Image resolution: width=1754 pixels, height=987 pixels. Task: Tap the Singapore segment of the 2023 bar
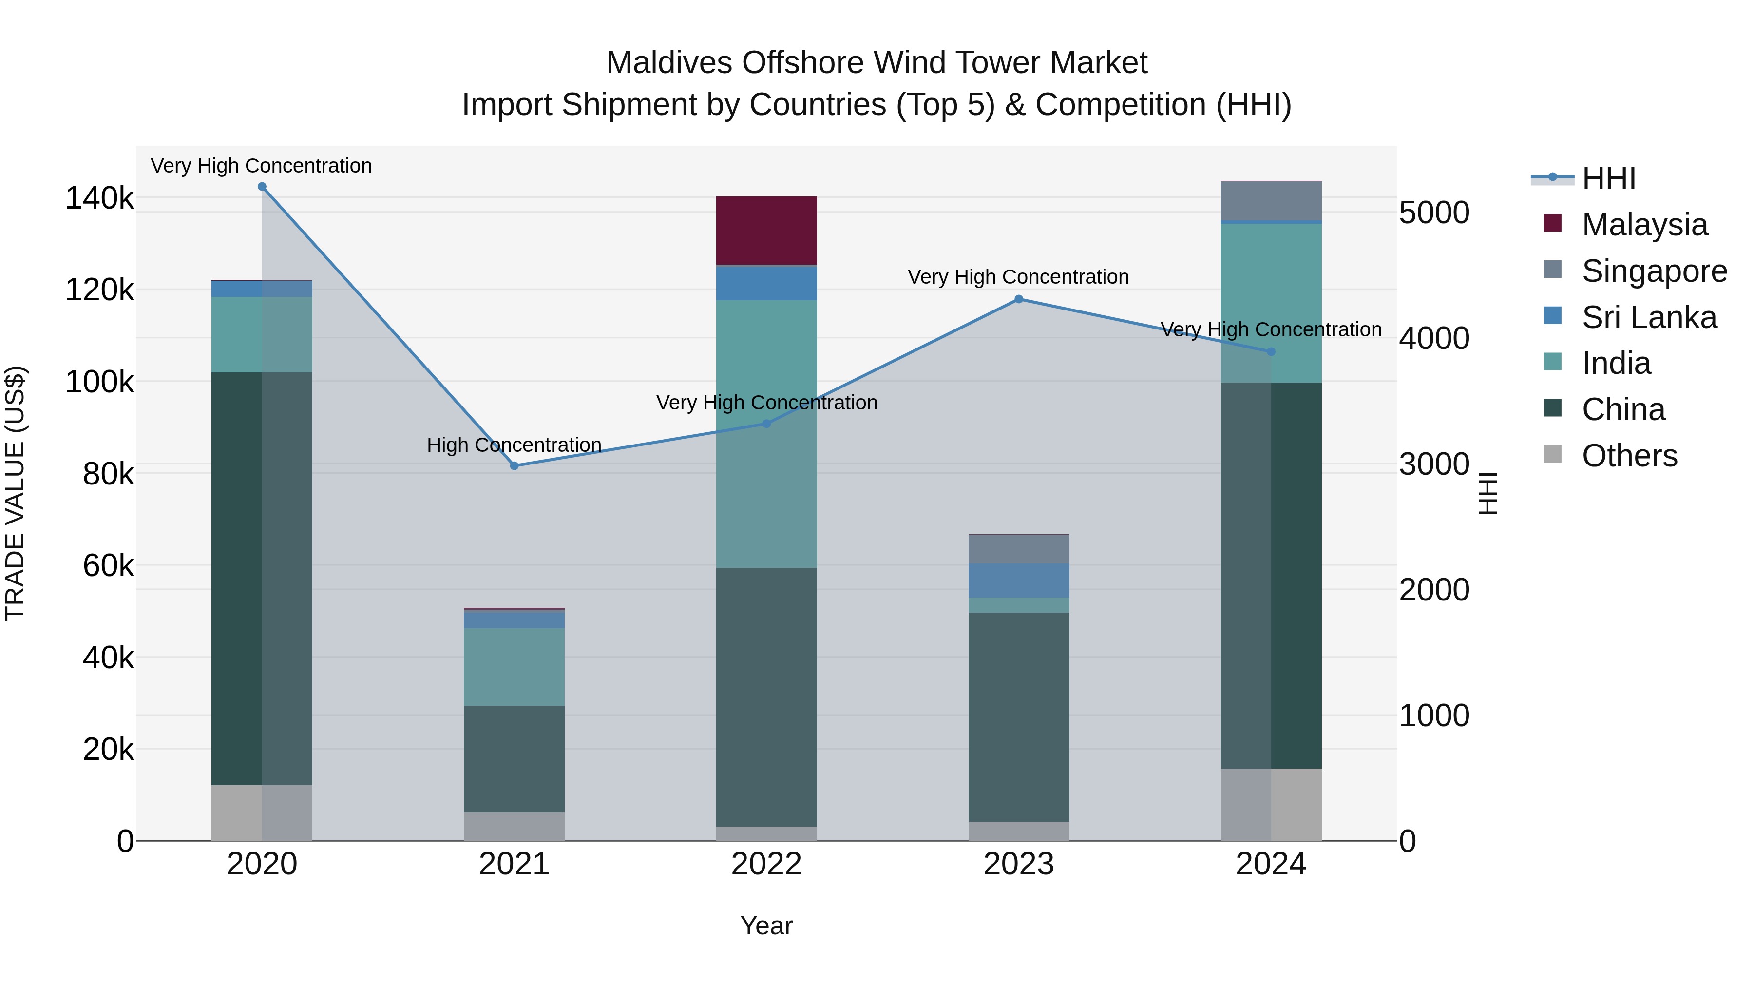click(x=1019, y=549)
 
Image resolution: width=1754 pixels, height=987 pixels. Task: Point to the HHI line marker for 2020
click(x=262, y=187)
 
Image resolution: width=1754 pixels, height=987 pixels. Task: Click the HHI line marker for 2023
click(x=1019, y=299)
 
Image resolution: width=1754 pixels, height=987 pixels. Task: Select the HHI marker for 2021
click(x=514, y=466)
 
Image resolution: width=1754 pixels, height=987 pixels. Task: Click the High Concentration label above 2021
click(x=514, y=445)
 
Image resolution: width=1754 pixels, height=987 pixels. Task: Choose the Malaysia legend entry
click(x=1644, y=225)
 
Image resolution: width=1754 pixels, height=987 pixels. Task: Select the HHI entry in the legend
click(x=1608, y=178)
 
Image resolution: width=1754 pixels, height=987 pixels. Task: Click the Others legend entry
click(x=1629, y=456)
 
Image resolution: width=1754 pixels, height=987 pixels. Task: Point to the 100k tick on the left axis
click(x=99, y=382)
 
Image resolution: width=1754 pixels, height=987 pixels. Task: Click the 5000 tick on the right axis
click(x=1434, y=213)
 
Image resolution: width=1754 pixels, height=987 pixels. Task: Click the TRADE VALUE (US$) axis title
click(x=15, y=493)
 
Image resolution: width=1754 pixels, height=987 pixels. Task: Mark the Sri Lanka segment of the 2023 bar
click(x=1019, y=581)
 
